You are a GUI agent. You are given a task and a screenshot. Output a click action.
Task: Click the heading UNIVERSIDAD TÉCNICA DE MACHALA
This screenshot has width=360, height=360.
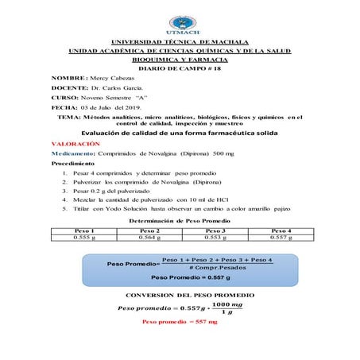180,41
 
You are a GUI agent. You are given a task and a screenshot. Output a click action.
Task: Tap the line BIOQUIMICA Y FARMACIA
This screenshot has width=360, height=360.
180,60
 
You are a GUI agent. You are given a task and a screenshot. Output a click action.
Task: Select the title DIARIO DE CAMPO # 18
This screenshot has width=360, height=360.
180,70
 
